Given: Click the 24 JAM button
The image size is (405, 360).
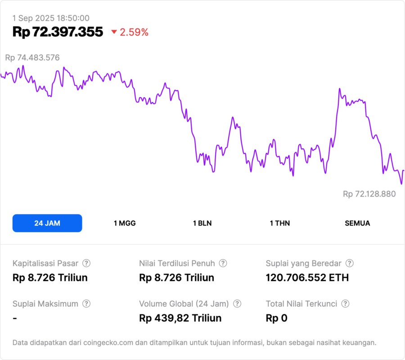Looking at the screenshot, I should tap(47, 223).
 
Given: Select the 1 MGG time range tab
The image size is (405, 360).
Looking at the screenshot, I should tap(125, 223).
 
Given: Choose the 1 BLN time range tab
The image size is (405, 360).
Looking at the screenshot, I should tap(202, 223).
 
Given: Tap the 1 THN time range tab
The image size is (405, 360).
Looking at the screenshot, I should tap(280, 223).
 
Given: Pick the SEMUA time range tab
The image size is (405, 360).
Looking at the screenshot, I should tap(357, 223).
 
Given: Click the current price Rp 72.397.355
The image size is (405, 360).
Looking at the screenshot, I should tap(58, 32).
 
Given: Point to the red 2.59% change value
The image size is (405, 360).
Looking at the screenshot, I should tap(134, 32).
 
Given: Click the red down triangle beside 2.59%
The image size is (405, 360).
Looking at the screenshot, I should tap(114, 32).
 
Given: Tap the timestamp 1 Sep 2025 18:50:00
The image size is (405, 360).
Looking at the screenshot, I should tap(51, 18).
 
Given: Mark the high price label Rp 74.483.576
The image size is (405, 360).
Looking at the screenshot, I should tap(32, 58).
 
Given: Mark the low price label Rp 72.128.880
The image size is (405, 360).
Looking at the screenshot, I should tap(369, 194).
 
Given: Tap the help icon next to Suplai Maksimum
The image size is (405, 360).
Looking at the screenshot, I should tap(86, 304).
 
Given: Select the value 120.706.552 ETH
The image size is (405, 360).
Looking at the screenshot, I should tap(307, 278).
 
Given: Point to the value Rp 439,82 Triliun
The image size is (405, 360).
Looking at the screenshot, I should tap(180, 318).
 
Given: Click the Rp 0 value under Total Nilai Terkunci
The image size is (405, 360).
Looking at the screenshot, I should tap(276, 318).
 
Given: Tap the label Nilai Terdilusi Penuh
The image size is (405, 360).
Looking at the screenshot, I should tap(177, 263).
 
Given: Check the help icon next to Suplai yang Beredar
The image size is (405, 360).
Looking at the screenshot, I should tap(349, 263).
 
